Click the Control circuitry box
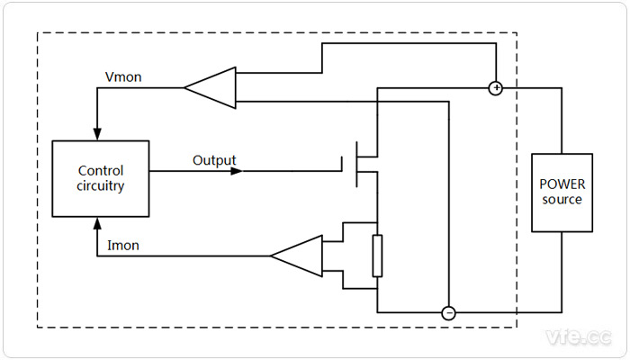pos(101,178)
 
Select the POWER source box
pos(561,192)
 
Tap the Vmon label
pos(121,77)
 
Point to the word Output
pos(214,161)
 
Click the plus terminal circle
pos(494,88)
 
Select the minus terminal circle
pos(448,313)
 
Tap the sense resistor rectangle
pos(377,256)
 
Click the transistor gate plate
pos(342,166)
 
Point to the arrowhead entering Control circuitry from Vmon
pos(96,135)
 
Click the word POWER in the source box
pos(561,184)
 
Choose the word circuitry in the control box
pos(101,186)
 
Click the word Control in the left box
pos(101,171)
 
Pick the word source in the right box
pos(561,199)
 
